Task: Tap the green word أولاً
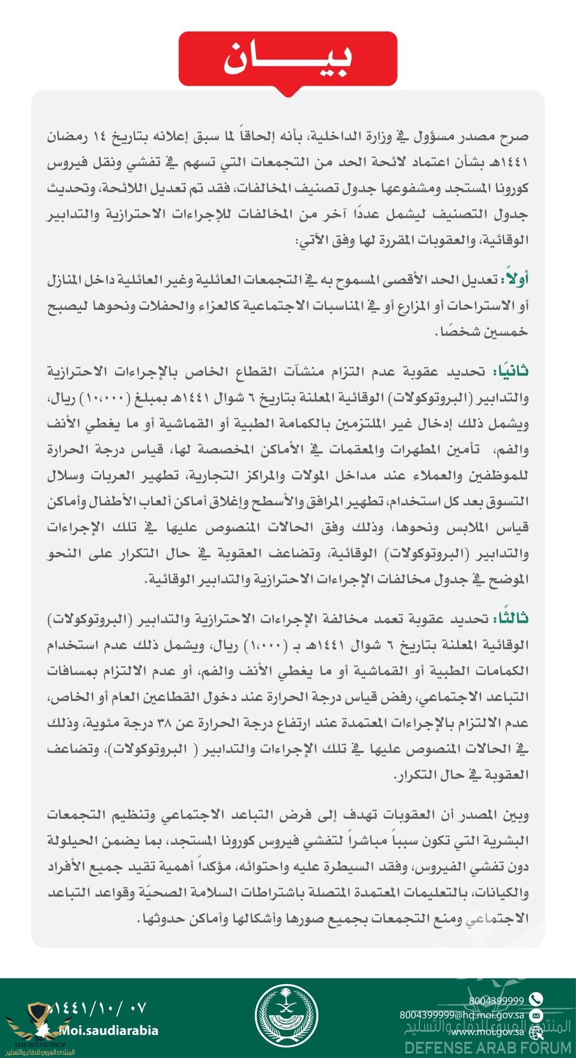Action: (514, 279)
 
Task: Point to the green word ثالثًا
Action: (510, 618)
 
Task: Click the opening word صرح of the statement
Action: (515, 137)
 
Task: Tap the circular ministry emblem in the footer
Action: (287, 1016)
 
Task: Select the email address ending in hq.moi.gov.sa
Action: (462, 1015)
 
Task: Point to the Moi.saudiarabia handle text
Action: (108, 1030)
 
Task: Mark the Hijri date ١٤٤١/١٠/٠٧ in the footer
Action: (98, 1007)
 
